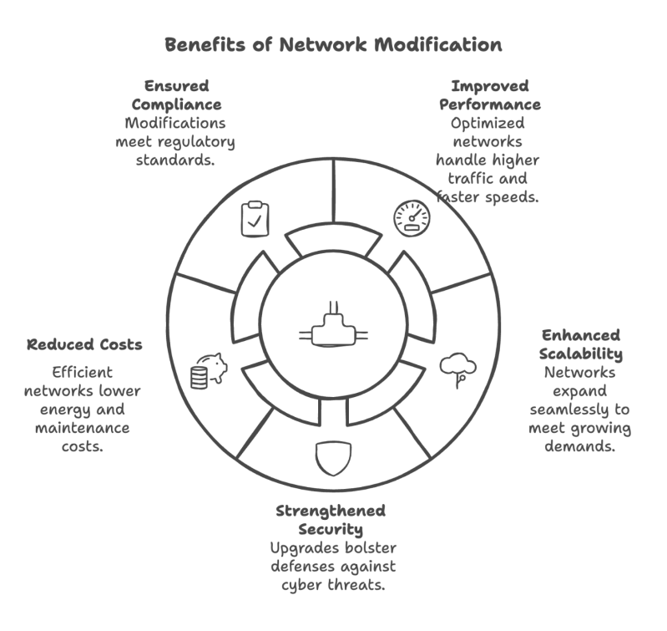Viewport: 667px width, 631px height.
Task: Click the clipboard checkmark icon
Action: (255, 217)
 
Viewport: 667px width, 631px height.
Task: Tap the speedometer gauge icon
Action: (412, 217)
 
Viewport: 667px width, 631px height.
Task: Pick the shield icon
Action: (332, 456)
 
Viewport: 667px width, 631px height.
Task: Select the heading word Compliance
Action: (176, 104)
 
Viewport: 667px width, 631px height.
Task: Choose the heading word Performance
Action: (491, 104)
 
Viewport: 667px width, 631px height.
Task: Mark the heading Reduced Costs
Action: (84, 344)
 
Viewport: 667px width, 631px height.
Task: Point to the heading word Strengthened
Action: (331, 511)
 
